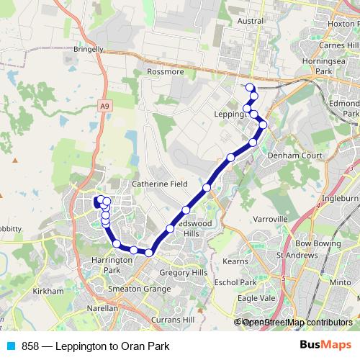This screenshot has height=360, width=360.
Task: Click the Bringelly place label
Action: pos(89,50)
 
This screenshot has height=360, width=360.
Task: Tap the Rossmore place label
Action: pos(166,72)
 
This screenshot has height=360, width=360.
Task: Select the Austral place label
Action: pos(251,22)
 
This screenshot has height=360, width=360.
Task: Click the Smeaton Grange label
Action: pos(140,288)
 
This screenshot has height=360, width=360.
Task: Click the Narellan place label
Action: pos(102,308)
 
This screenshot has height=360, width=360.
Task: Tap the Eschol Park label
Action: pos(235,282)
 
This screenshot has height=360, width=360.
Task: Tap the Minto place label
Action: pos(340,282)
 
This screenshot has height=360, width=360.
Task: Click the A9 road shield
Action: pos(106,107)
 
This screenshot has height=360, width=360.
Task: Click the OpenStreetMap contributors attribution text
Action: pos(297,323)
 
